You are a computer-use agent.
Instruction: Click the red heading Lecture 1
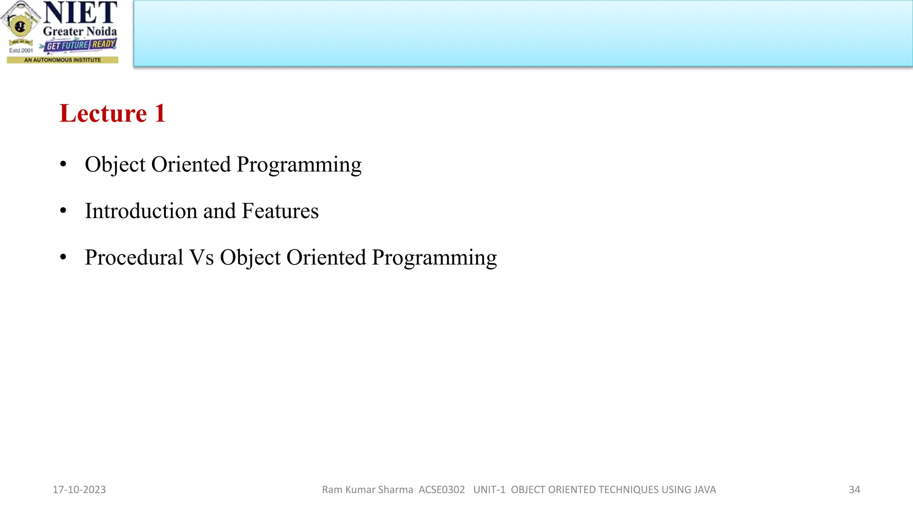click(x=112, y=113)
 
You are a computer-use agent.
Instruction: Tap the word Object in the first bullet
click(x=115, y=165)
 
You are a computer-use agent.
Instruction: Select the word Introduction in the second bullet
click(x=141, y=211)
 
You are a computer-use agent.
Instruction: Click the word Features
click(x=280, y=211)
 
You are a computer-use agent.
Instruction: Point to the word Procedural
click(x=134, y=257)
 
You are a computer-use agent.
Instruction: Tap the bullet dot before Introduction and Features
click(x=63, y=211)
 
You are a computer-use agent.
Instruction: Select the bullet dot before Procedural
click(x=63, y=257)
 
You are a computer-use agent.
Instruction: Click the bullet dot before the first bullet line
click(x=63, y=164)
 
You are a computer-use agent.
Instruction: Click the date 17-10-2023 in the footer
click(x=79, y=490)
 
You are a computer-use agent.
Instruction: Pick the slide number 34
click(x=854, y=490)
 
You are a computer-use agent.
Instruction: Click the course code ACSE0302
click(x=441, y=490)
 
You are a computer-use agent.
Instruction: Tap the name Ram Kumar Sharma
click(x=367, y=490)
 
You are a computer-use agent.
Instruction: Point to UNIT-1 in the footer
click(x=489, y=490)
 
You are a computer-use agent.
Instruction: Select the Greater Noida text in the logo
click(x=80, y=32)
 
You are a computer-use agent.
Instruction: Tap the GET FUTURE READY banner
click(x=81, y=45)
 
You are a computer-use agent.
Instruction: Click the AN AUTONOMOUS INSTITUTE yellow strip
click(x=62, y=60)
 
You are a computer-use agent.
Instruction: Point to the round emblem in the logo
click(x=20, y=25)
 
